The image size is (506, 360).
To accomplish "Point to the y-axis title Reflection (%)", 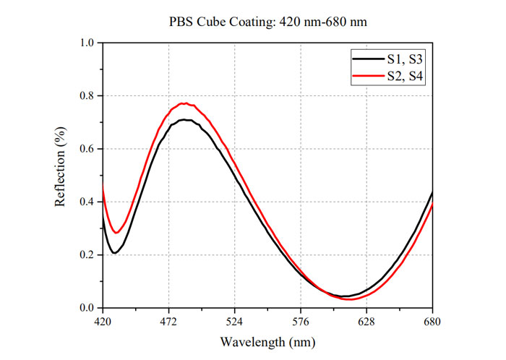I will pos(61,175).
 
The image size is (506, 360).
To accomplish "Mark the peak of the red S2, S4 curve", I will pos(185,103).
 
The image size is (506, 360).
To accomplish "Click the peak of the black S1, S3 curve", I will pos(186,119).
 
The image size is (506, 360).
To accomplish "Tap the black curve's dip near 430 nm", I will pos(114,252).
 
